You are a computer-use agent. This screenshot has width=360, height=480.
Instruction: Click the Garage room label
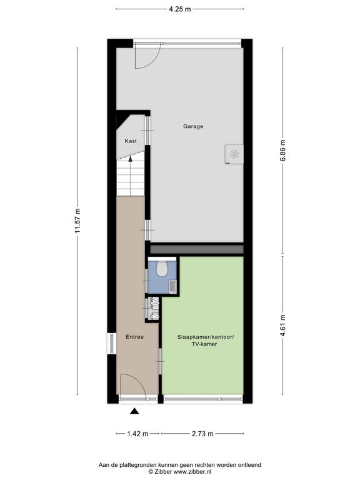click(193, 126)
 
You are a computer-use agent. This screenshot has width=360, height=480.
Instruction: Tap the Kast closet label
click(131, 141)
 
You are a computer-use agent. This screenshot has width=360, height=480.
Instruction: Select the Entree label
click(134, 337)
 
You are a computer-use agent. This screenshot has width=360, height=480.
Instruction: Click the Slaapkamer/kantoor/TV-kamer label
click(206, 341)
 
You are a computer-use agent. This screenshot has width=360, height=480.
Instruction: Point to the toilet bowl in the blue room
click(161, 268)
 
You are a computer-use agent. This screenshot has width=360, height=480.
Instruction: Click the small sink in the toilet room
click(173, 286)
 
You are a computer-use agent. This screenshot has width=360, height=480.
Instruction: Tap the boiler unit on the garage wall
click(234, 154)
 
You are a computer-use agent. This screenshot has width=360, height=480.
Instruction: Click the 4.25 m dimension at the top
click(180, 9)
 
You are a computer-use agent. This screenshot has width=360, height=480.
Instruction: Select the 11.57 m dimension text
click(77, 221)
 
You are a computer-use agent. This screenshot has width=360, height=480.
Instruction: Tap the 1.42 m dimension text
click(137, 434)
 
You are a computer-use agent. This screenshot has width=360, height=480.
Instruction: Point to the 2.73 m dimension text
click(202, 434)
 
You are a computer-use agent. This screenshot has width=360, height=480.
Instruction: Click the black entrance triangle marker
click(134, 411)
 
